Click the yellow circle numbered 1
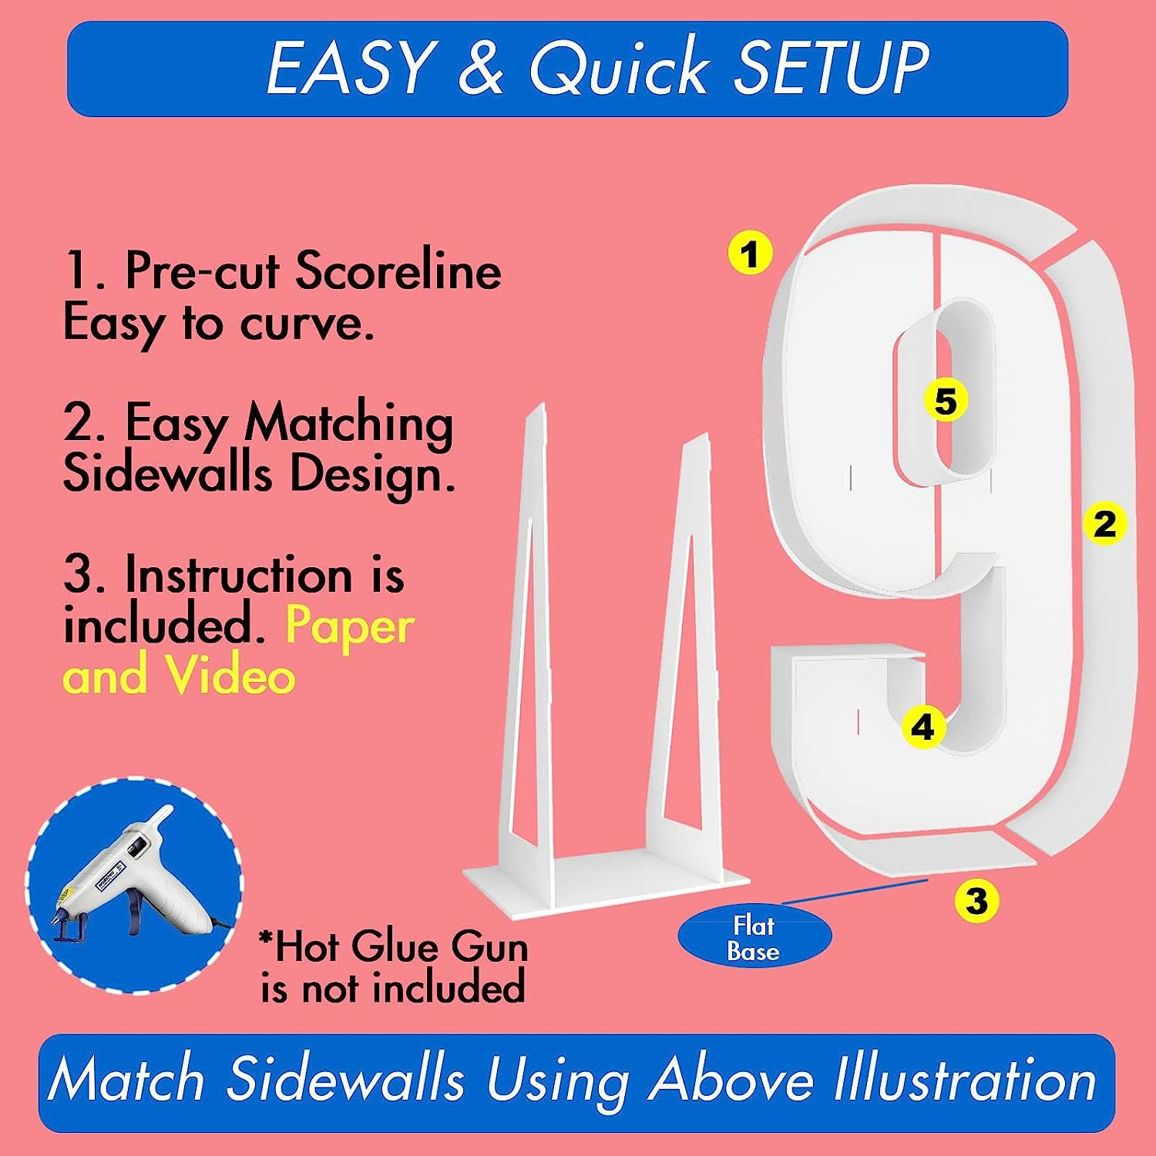click(x=751, y=253)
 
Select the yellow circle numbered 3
click(x=976, y=900)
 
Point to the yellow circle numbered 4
click(x=923, y=728)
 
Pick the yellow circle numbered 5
click(x=946, y=401)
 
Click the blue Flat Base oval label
click(x=754, y=937)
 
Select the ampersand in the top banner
click(x=480, y=68)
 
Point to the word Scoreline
click(x=398, y=271)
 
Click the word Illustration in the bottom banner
click(x=965, y=1080)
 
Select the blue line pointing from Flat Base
click(x=854, y=890)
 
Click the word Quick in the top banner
click(x=618, y=68)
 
